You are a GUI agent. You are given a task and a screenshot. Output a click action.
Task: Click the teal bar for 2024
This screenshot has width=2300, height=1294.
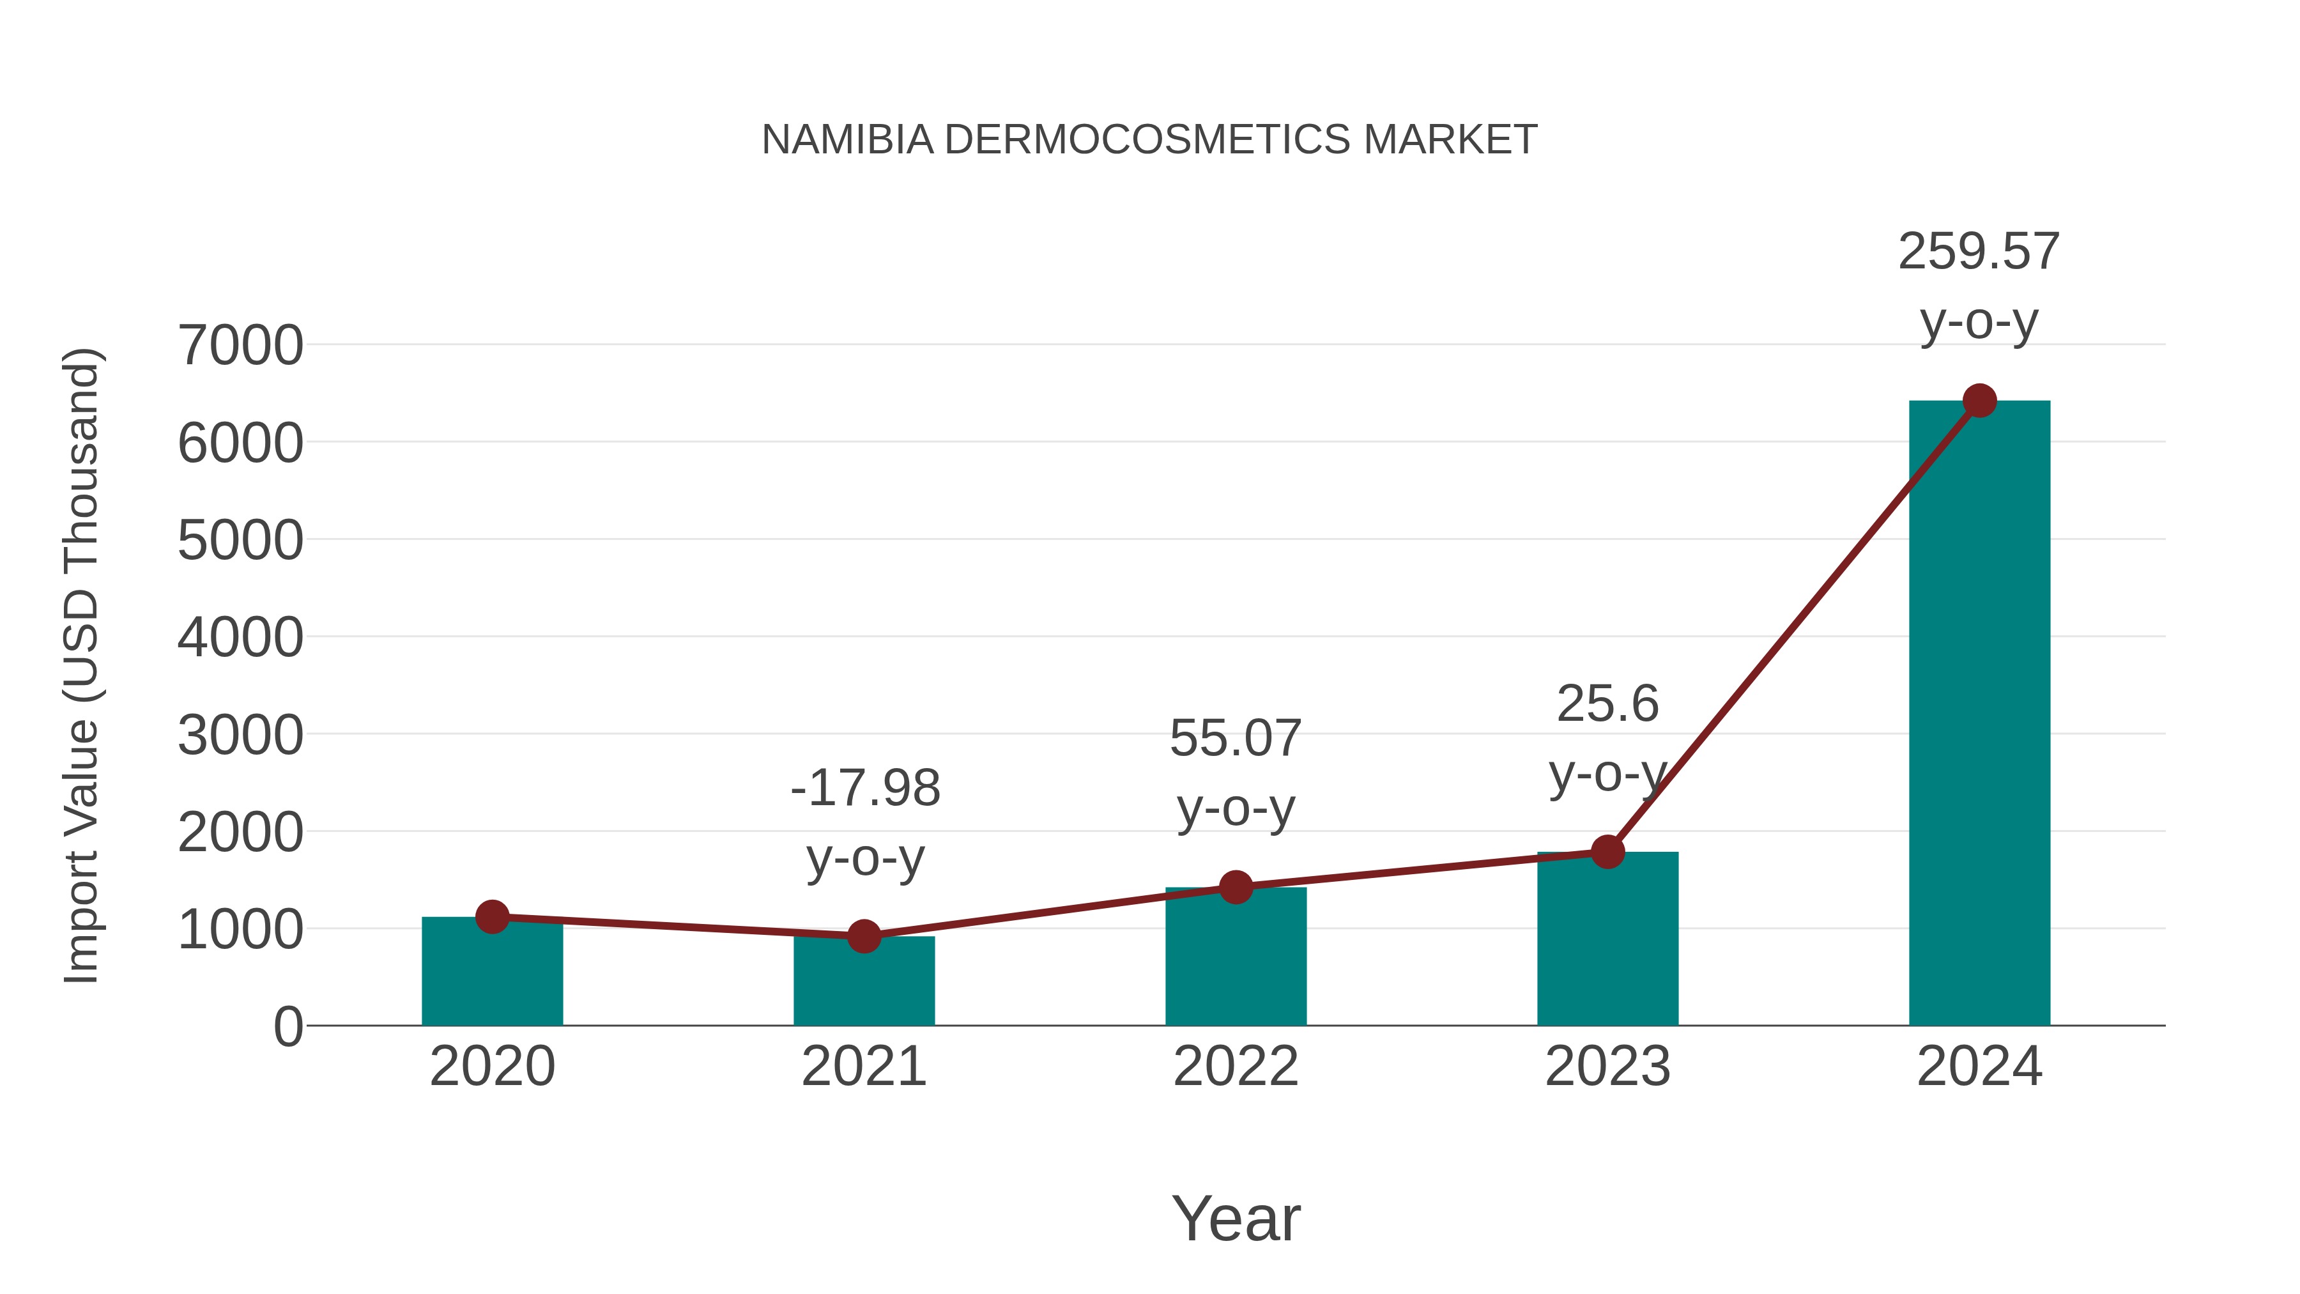[1979, 714]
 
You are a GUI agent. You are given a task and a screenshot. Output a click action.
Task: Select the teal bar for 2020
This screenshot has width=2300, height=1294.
[492, 973]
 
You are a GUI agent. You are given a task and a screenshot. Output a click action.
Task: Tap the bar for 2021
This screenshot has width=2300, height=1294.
[863, 982]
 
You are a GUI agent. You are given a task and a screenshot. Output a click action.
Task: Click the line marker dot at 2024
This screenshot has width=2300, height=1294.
[1979, 401]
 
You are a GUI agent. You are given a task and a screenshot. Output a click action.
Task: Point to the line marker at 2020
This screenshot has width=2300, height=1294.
[492, 916]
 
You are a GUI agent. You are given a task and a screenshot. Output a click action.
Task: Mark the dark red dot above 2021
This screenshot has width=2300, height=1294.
[863, 936]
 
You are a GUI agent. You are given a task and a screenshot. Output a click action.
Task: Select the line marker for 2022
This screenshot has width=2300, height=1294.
[1236, 887]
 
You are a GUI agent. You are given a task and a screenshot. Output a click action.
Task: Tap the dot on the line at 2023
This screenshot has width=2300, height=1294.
[1607, 852]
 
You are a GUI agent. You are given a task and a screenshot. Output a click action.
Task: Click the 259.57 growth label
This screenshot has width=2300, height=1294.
[1979, 252]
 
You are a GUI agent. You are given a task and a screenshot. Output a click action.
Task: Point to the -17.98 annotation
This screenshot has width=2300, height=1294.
[865, 789]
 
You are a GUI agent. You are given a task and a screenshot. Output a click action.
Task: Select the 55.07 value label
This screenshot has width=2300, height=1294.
[1236, 739]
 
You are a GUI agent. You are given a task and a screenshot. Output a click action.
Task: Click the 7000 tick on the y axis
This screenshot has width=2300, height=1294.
[240, 346]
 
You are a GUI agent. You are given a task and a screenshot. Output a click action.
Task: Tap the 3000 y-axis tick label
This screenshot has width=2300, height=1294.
[240, 736]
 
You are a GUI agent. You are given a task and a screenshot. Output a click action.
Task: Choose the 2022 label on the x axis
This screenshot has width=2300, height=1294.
[1236, 1067]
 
